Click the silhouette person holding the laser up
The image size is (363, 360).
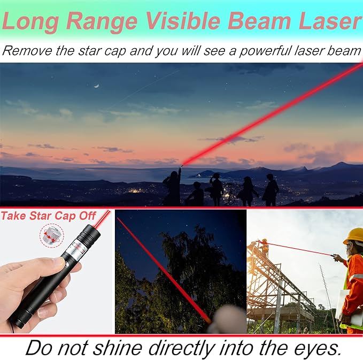(173, 187)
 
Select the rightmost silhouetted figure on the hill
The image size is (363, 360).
(271, 190)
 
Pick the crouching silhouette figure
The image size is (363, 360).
(196, 194)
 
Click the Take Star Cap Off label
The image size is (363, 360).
(49, 216)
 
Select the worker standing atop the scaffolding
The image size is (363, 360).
(264, 247)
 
